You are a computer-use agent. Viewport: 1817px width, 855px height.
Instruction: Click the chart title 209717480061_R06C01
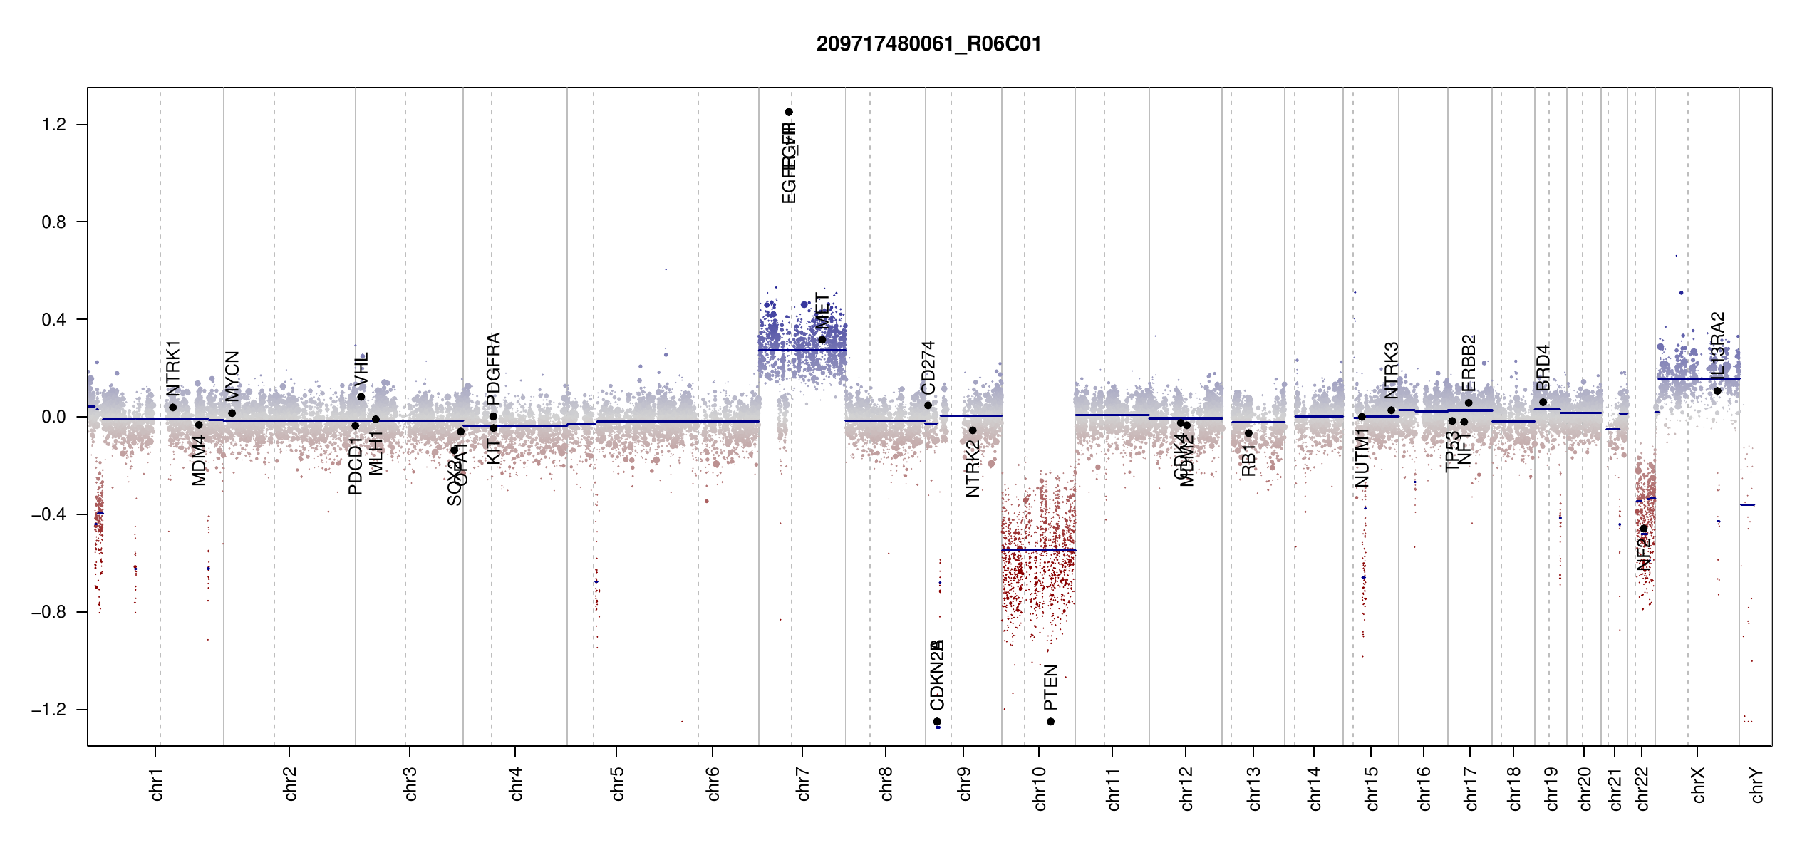[x=928, y=44]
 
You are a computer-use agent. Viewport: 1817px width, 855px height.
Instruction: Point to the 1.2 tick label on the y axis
[x=54, y=125]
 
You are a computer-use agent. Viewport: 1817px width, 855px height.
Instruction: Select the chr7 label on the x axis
[x=803, y=784]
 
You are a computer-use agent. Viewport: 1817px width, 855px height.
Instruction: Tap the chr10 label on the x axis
[x=1040, y=788]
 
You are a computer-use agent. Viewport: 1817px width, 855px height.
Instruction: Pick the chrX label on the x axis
[x=1699, y=785]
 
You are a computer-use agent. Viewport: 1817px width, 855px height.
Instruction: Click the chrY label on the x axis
[x=1758, y=785]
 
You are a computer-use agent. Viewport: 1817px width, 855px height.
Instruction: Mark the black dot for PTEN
[x=1050, y=722]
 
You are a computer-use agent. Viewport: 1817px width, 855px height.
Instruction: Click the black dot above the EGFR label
[x=789, y=112]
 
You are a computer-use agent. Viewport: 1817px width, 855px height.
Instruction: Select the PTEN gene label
[x=1050, y=688]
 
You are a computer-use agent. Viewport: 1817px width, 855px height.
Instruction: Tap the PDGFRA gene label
[x=493, y=368]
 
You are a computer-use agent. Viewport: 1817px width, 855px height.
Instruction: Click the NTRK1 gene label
[x=173, y=368]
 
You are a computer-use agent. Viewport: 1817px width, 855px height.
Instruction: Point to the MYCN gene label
[x=232, y=376]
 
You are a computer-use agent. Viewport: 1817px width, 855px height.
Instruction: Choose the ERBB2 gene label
[x=1469, y=363]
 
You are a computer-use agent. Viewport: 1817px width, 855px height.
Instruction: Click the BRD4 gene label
[x=1543, y=368]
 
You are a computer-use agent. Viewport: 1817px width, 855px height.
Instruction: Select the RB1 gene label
[x=1248, y=460]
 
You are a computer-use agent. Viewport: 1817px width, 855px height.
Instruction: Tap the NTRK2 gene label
[x=973, y=468]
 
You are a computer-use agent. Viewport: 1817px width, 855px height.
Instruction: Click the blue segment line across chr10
[x=1038, y=550]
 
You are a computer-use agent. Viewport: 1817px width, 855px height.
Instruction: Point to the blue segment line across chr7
[x=802, y=350]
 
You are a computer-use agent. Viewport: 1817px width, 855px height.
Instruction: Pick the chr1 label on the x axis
[x=157, y=784]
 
